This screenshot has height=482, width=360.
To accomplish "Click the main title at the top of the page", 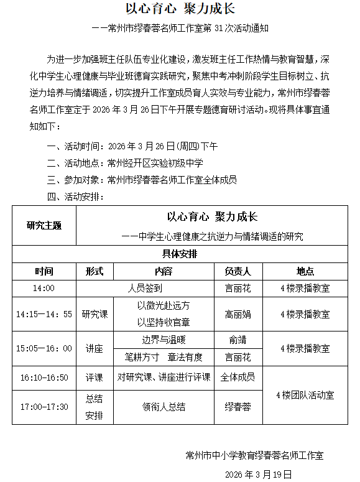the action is [181, 9].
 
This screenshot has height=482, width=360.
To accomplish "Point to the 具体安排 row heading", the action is [180, 254].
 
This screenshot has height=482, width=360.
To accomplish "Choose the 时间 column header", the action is [44, 272].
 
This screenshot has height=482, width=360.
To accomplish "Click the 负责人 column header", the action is [238, 272].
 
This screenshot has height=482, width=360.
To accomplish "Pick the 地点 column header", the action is [305, 272].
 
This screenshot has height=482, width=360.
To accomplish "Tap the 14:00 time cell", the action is [44, 288].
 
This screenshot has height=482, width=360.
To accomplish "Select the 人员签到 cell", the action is [145, 288].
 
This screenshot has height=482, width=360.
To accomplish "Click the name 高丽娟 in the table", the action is [238, 314].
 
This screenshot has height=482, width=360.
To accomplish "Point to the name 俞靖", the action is [238, 340].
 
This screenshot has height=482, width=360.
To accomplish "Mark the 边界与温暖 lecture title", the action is [164, 340].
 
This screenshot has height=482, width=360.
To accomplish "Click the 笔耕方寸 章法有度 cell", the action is [164, 358].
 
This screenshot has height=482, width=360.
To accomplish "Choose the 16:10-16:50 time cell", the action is [44, 378].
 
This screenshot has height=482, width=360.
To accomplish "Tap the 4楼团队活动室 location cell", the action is [305, 395].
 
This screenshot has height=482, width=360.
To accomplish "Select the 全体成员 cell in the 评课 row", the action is [238, 378].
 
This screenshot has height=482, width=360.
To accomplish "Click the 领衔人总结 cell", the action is [164, 407].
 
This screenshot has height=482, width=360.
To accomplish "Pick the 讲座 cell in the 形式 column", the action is [95, 348].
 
